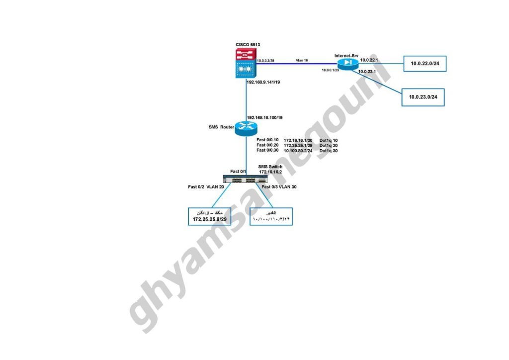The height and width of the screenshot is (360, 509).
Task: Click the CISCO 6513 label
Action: click(248, 45)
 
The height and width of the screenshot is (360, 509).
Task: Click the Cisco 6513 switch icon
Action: click(246, 64)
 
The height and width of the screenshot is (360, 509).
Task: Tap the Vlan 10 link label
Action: click(302, 60)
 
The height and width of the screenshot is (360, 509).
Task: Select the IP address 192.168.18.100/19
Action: click(268, 118)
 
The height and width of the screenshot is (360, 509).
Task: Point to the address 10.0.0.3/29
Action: click(266, 60)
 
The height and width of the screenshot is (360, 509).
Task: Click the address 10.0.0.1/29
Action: click(330, 71)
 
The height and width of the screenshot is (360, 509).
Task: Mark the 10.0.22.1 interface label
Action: click(369, 60)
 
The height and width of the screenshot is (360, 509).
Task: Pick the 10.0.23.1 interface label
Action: click(367, 72)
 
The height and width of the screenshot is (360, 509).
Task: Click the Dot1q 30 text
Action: click(329, 150)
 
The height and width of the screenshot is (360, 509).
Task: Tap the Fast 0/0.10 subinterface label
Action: click(267, 140)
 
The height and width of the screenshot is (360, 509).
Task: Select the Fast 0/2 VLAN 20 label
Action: click(206, 187)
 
